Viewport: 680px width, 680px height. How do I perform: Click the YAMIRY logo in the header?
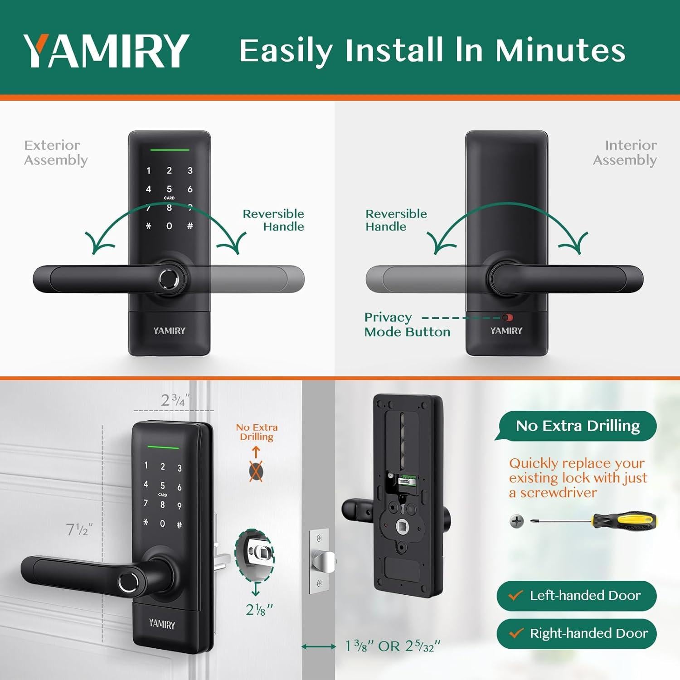tap(106, 50)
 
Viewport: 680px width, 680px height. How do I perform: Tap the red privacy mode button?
tap(507, 318)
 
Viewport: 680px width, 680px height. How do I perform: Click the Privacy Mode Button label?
tap(407, 325)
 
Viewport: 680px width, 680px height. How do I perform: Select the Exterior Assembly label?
tap(55, 153)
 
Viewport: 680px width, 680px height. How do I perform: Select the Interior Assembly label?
tap(625, 153)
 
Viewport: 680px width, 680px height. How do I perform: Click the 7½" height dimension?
tap(79, 529)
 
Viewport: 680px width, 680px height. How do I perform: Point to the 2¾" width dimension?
tap(175, 400)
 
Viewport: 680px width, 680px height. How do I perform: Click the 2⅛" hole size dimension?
tap(259, 610)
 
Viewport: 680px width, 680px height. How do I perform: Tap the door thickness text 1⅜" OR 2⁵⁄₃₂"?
tap(393, 646)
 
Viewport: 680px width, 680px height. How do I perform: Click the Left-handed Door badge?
tap(576, 596)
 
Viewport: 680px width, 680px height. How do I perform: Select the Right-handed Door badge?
tap(576, 633)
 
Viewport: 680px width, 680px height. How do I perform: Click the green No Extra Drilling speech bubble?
tap(577, 426)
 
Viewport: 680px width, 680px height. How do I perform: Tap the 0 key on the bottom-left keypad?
tap(162, 524)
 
